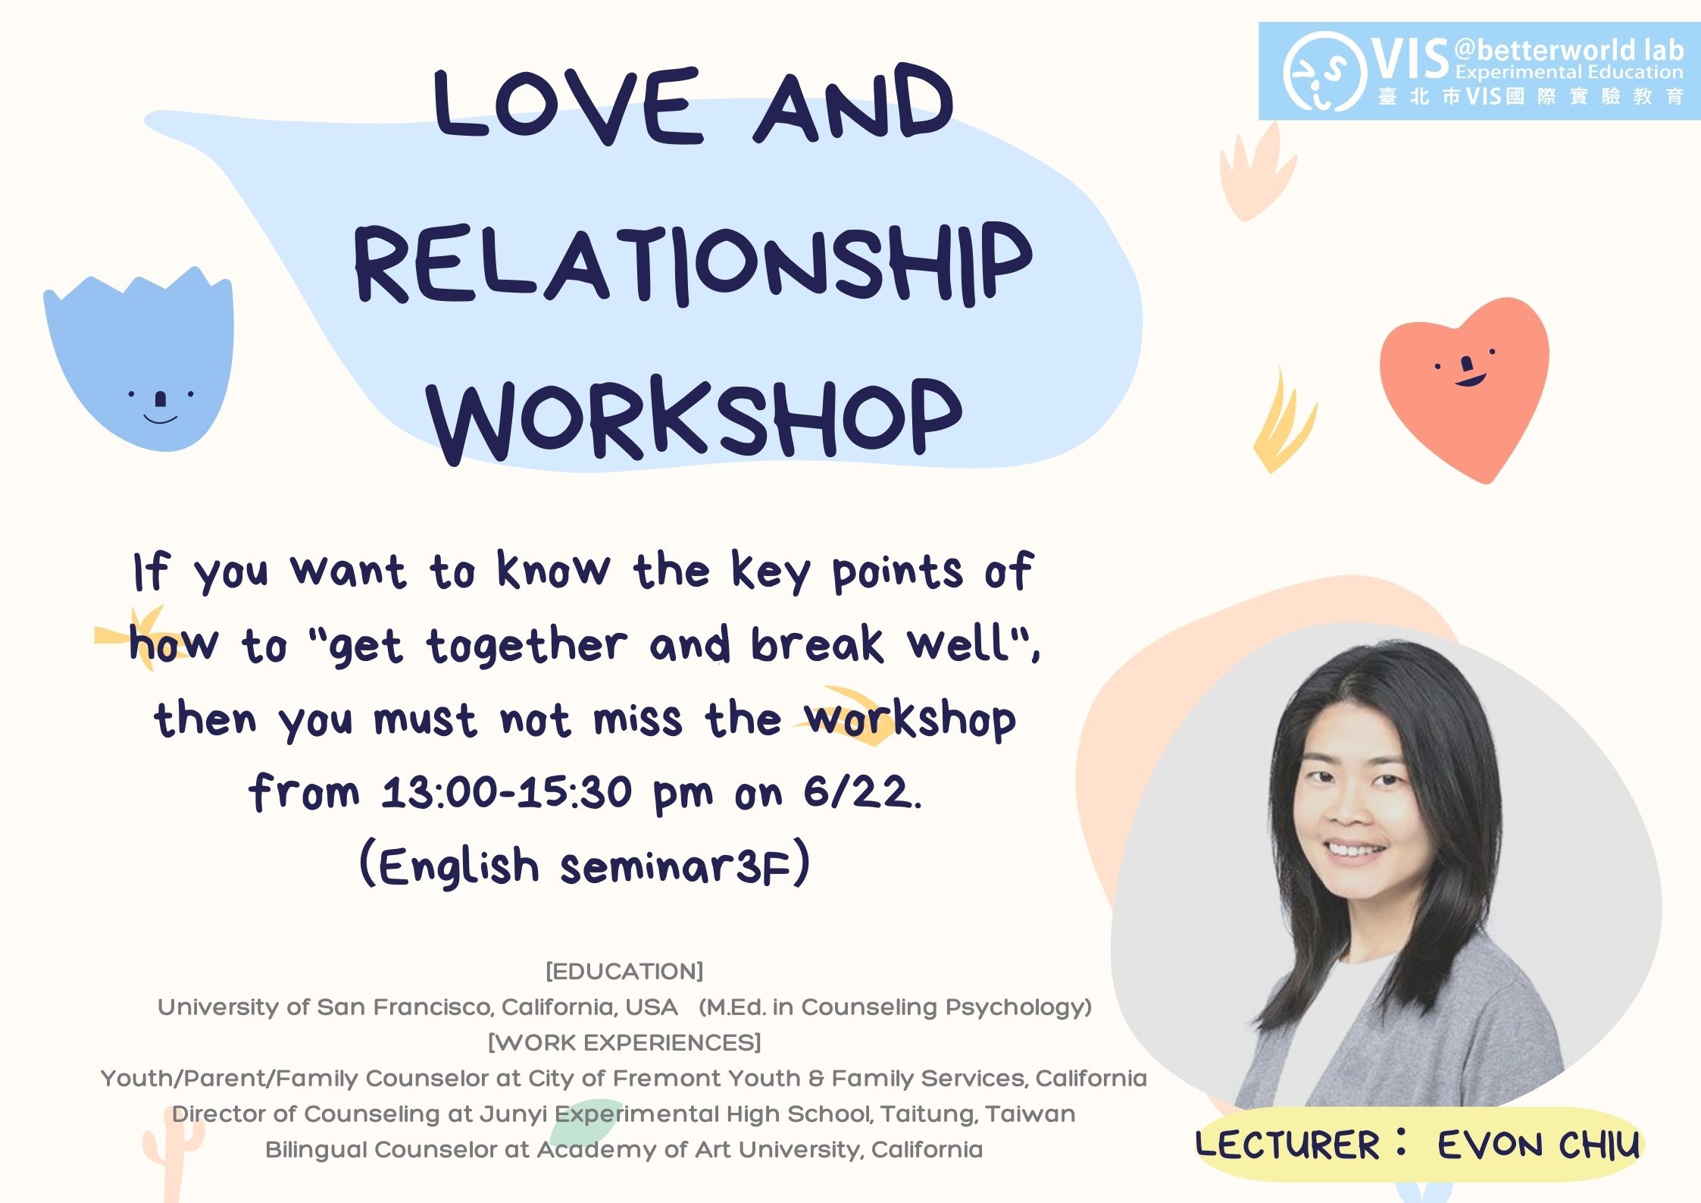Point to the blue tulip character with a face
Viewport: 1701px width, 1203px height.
(139, 359)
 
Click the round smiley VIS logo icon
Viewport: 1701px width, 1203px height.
(1325, 71)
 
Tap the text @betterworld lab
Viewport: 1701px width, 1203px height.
(1568, 50)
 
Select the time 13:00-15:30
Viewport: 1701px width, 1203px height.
(506, 793)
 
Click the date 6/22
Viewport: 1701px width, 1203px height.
(862, 793)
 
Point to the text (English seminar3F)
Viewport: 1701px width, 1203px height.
(585, 866)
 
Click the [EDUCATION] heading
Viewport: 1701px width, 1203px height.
(624, 971)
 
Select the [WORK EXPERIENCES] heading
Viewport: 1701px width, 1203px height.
(624, 1042)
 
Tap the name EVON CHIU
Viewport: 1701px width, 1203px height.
(1538, 1145)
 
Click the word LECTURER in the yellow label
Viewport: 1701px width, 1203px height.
(1287, 1145)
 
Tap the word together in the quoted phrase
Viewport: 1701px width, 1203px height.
(527, 646)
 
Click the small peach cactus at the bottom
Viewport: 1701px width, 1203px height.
(173, 1152)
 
